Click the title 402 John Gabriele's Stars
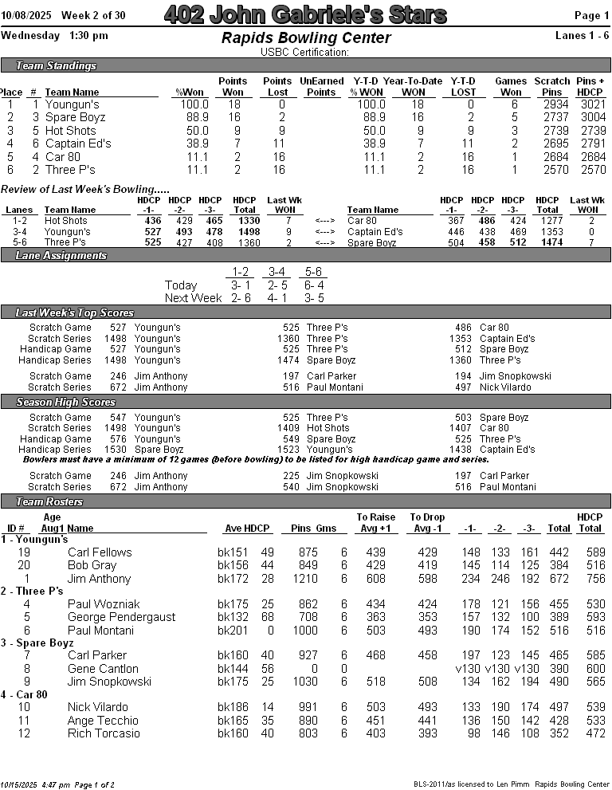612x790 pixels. coord(305,14)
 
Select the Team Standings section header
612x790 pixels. coord(57,65)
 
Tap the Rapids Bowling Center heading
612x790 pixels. coord(305,38)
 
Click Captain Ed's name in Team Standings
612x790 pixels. coord(78,143)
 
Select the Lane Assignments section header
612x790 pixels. coord(61,255)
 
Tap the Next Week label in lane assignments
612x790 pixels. coord(193,298)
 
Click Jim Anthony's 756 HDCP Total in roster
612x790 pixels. coord(590,579)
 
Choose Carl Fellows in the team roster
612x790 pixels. coord(100,552)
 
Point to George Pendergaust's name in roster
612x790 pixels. coord(120,617)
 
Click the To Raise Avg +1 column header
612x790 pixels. coord(375,523)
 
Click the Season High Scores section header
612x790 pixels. coord(66,402)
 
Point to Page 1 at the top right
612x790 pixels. coord(591,16)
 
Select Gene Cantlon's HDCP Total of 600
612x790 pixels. coord(590,669)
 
